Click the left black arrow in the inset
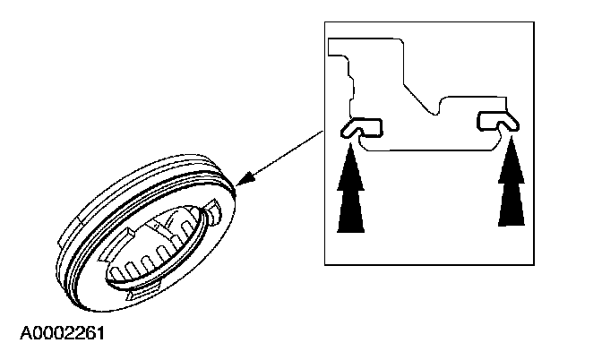350,193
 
